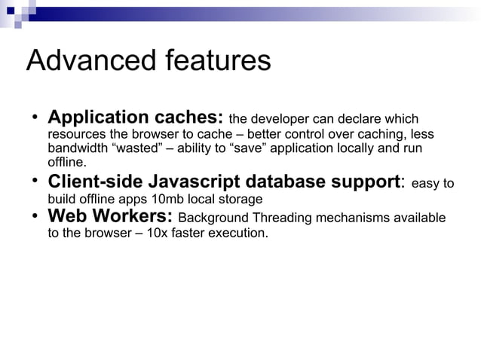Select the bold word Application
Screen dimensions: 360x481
click(x=98, y=118)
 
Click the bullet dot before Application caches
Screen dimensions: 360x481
click(x=35, y=118)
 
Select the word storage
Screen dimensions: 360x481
click(x=238, y=200)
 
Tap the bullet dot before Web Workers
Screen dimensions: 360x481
click(x=35, y=217)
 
